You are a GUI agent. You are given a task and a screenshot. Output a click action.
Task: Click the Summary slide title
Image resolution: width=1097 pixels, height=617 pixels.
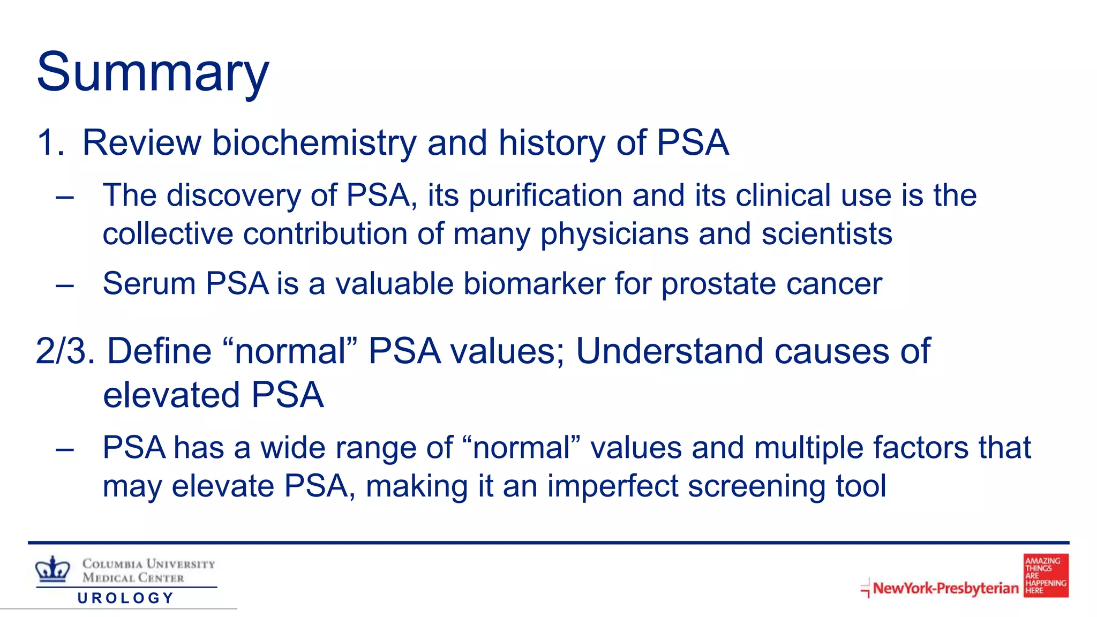pyautogui.click(x=153, y=72)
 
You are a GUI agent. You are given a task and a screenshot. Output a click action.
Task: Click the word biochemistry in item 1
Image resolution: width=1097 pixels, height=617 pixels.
pyautogui.click(x=314, y=143)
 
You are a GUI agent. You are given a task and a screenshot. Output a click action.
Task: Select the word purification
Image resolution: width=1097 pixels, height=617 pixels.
pyautogui.click(x=545, y=195)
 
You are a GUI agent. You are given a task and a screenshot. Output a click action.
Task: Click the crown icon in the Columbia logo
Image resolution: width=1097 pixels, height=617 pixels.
pyautogui.click(x=52, y=569)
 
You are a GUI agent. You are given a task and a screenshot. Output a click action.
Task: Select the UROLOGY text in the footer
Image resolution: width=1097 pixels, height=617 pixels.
pyautogui.click(x=126, y=598)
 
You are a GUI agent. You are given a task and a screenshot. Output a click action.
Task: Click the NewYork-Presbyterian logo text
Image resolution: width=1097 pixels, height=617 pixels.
pyautogui.click(x=945, y=588)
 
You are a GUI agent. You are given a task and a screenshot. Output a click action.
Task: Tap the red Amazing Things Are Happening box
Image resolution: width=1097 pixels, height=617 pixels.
pyautogui.click(x=1046, y=576)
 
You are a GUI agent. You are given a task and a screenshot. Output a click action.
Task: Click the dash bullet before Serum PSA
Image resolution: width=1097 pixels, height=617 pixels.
pyautogui.click(x=64, y=285)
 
